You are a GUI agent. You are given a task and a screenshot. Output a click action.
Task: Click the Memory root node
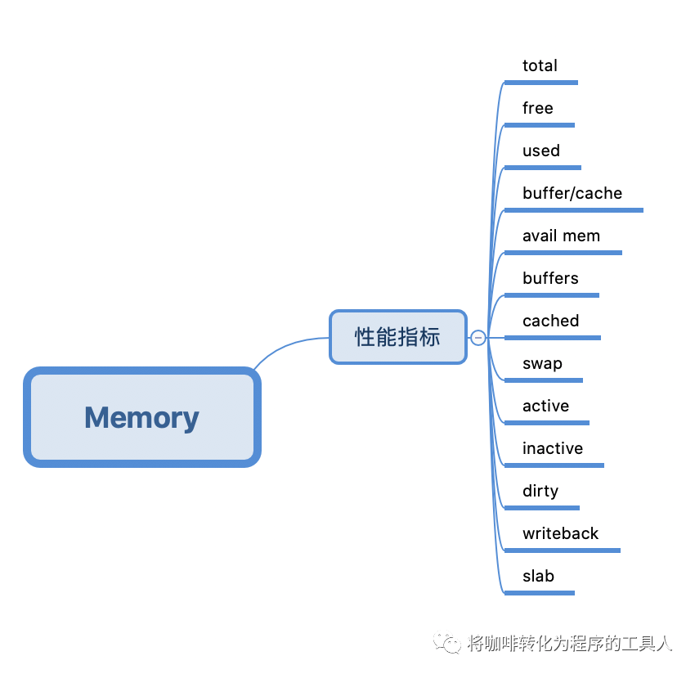(x=141, y=417)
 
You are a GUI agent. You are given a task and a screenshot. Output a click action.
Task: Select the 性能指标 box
(x=397, y=336)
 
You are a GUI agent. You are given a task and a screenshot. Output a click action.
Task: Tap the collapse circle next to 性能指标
(x=478, y=338)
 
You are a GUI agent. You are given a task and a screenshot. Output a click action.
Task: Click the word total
(x=540, y=65)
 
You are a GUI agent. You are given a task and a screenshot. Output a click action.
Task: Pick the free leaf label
(x=537, y=108)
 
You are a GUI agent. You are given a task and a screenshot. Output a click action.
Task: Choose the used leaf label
(x=540, y=151)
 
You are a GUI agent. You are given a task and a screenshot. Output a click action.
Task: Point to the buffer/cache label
(x=572, y=193)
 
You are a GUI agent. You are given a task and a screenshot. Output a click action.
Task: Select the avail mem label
(x=561, y=236)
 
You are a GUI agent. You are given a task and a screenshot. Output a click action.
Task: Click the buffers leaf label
(x=550, y=278)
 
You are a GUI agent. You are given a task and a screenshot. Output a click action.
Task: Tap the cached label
(x=550, y=321)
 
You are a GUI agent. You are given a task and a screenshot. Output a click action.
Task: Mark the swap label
(x=542, y=363)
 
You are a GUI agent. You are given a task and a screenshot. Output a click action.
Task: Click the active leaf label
(x=545, y=406)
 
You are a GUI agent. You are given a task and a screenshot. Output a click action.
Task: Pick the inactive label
(x=553, y=448)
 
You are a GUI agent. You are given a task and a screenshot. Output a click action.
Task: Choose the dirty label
(x=540, y=491)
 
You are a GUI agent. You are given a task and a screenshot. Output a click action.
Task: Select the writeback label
(x=560, y=533)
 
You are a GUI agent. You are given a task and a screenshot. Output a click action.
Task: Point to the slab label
(x=538, y=576)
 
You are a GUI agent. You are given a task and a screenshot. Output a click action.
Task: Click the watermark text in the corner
(x=570, y=644)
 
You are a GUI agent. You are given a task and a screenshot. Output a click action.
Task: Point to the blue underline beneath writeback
(x=562, y=550)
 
